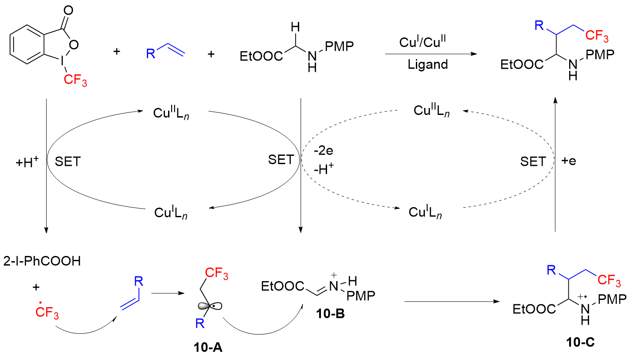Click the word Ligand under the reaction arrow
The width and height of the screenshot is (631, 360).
point(428,65)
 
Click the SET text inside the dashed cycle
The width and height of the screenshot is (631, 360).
point(533,161)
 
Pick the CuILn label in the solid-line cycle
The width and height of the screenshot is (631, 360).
point(172,213)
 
